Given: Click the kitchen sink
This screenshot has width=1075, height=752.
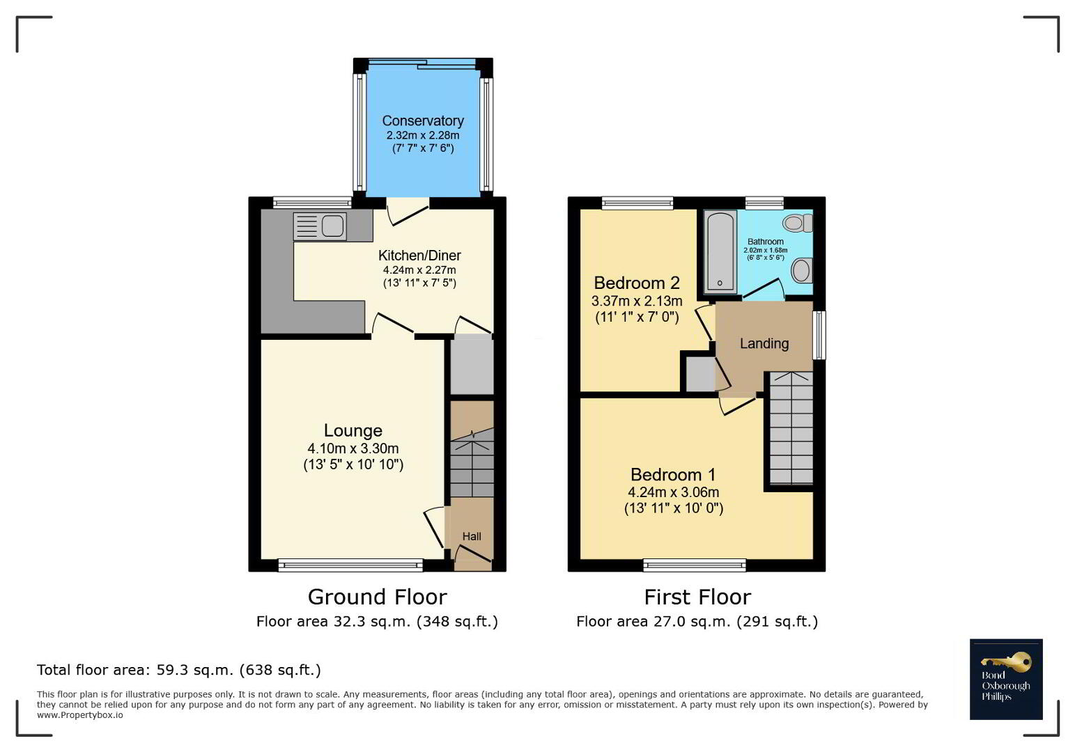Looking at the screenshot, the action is pyautogui.click(x=320, y=226).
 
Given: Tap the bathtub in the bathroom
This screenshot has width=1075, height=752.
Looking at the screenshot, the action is pyautogui.click(x=720, y=252).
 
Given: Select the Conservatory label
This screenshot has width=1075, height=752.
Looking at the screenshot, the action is pyautogui.click(x=423, y=121).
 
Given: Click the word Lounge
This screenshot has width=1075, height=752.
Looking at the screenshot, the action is pyautogui.click(x=353, y=430).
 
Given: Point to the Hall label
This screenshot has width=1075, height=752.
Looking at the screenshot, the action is pyautogui.click(x=472, y=537).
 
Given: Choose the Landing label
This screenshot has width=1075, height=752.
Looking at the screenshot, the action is pyautogui.click(x=764, y=343).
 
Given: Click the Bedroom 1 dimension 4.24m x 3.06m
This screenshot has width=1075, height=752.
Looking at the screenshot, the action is pyautogui.click(x=673, y=492).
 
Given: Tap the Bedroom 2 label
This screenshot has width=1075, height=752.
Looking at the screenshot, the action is pyautogui.click(x=637, y=283).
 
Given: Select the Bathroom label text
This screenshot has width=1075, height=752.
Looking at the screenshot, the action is pyautogui.click(x=766, y=242).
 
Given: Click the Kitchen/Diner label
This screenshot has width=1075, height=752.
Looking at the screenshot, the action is pyautogui.click(x=419, y=255).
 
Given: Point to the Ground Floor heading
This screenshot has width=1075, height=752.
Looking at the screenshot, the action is pyautogui.click(x=377, y=597).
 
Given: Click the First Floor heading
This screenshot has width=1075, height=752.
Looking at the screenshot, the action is pyautogui.click(x=697, y=597).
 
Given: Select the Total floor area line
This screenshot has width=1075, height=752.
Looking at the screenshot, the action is pyautogui.click(x=179, y=670).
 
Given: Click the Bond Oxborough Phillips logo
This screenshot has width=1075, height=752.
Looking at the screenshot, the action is pyautogui.click(x=1006, y=679).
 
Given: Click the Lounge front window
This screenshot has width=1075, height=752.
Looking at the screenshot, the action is pyautogui.click(x=350, y=565).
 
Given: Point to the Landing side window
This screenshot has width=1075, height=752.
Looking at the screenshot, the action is pyautogui.click(x=819, y=335).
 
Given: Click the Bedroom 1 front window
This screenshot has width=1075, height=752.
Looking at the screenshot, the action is pyautogui.click(x=695, y=565).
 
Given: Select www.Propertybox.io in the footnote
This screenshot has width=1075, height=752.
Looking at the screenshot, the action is pyautogui.click(x=80, y=715).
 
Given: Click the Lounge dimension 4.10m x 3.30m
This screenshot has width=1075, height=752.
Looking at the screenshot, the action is pyautogui.click(x=353, y=448).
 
